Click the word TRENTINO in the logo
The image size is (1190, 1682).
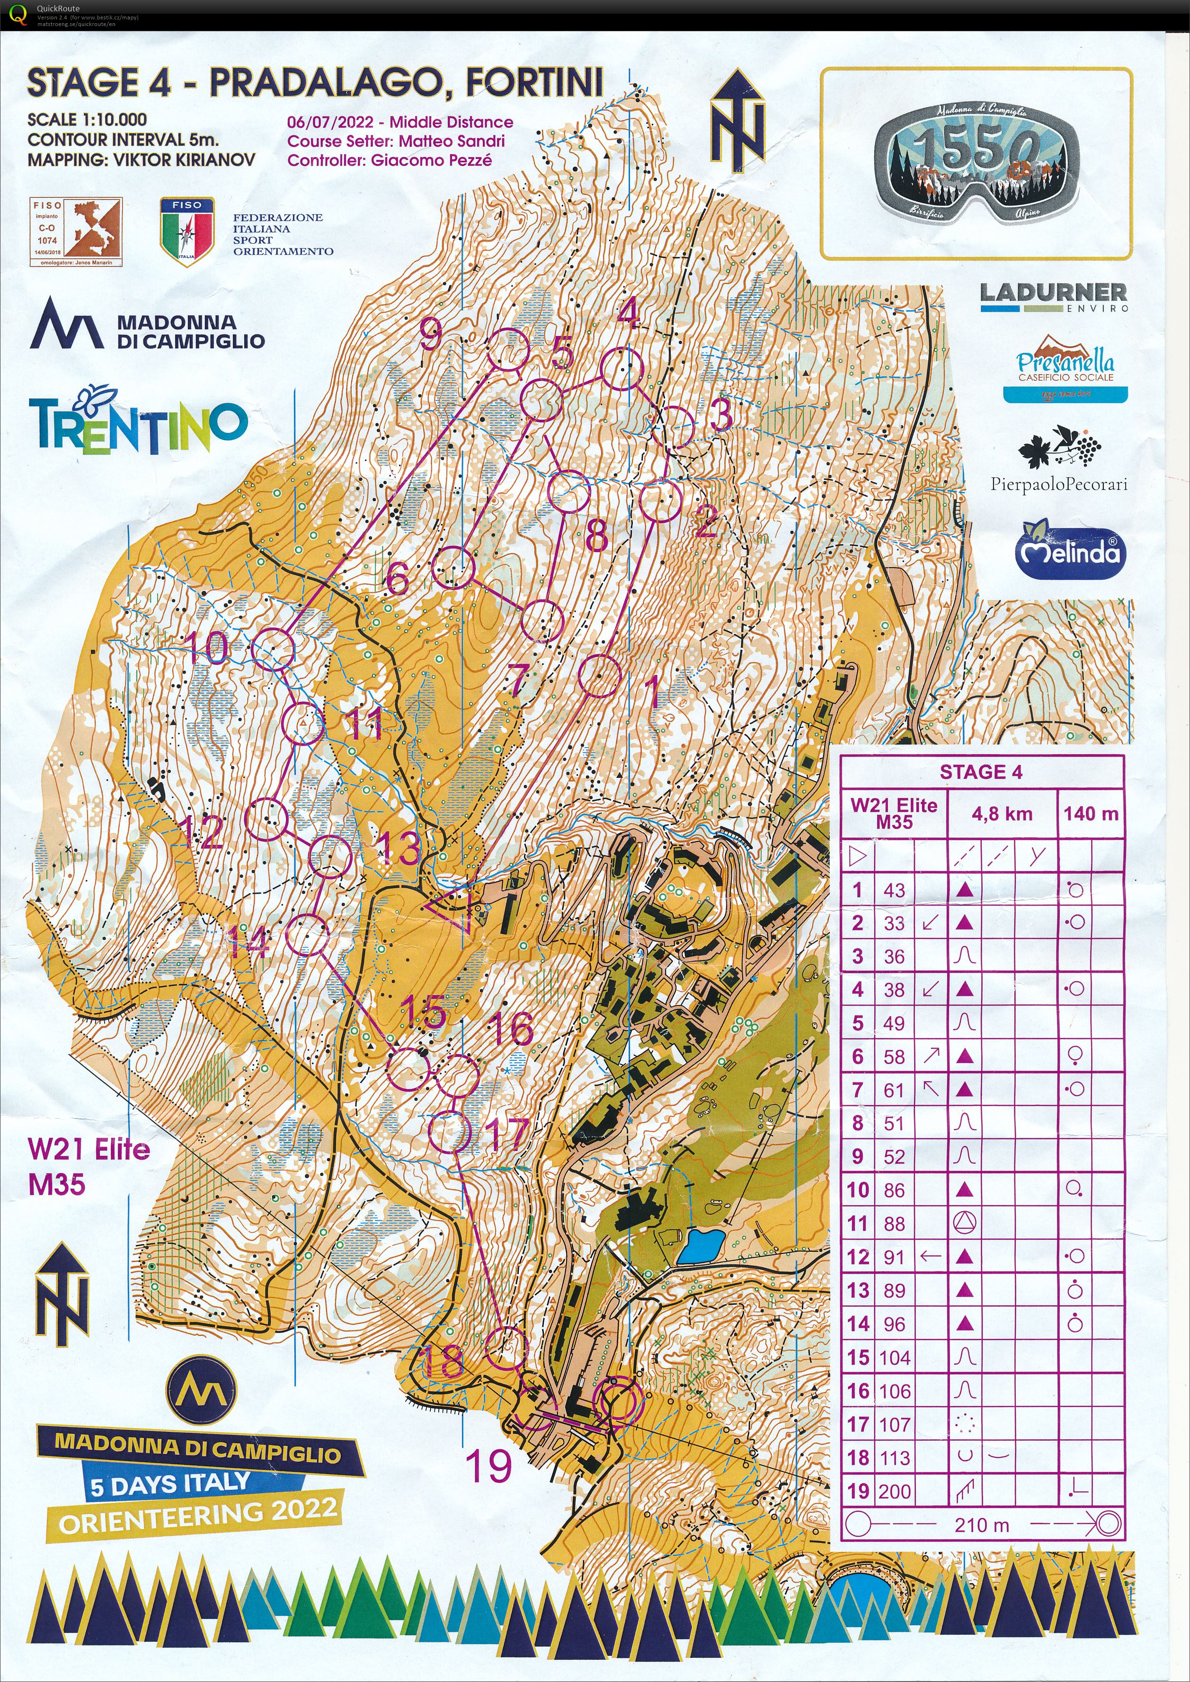click(x=139, y=425)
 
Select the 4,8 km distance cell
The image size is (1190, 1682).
click(x=1002, y=813)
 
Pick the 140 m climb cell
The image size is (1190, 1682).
click(x=1090, y=813)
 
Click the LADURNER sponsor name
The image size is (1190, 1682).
click(x=1053, y=293)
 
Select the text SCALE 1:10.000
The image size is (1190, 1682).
click(x=87, y=119)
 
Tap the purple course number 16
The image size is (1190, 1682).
click(x=512, y=1028)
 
